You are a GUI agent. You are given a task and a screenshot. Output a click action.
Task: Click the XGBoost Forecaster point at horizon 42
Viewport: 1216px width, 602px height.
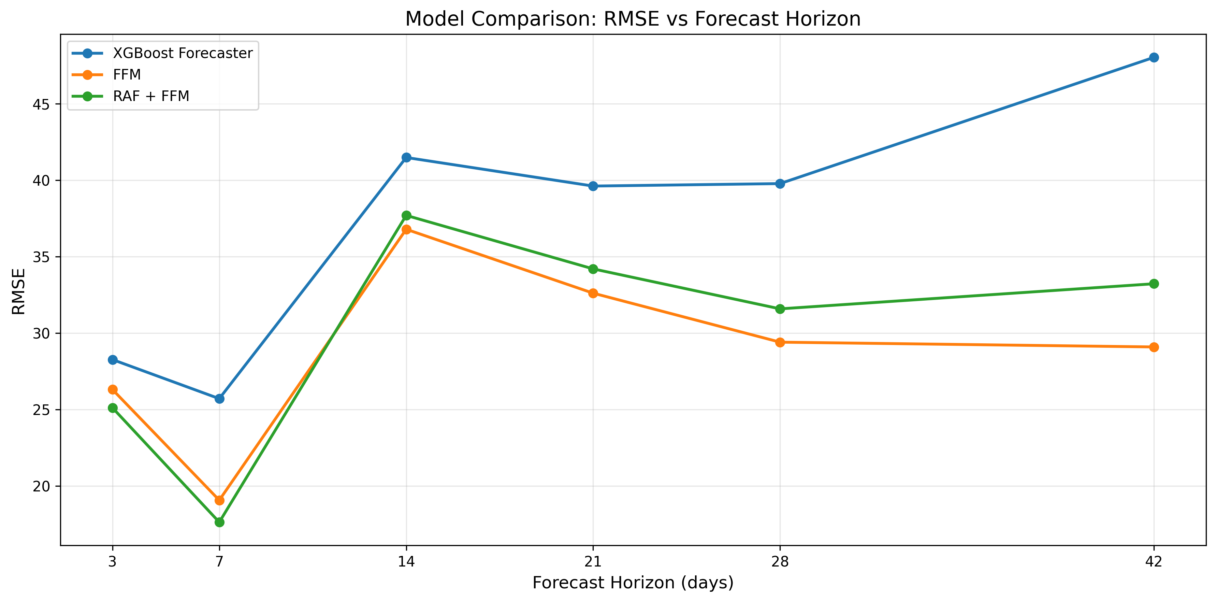click(x=1154, y=58)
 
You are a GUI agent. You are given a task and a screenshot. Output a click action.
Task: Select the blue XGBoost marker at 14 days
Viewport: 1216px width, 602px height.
click(x=406, y=157)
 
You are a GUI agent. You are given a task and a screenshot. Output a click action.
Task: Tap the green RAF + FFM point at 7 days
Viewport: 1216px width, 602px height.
click(x=219, y=522)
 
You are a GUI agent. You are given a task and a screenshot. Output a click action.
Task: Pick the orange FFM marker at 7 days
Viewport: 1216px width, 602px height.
click(x=219, y=500)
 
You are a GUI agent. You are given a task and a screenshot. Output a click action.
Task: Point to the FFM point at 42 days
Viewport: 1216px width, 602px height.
click(x=1154, y=347)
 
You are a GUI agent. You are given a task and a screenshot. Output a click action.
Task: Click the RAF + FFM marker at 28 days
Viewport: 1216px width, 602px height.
click(x=780, y=309)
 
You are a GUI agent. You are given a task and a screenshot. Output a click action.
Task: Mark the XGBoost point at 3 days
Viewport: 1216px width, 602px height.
click(x=112, y=360)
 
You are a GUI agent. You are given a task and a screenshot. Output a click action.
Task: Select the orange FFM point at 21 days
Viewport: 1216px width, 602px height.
click(x=593, y=293)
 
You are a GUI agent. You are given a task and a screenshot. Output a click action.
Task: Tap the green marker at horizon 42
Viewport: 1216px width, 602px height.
click(x=1154, y=284)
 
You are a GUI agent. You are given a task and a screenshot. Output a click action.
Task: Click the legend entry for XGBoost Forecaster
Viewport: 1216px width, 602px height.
click(x=183, y=53)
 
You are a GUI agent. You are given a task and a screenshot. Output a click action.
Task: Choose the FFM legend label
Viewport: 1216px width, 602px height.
click(x=127, y=75)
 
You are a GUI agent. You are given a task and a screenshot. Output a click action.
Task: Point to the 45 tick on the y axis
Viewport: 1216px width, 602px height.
click(x=42, y=104)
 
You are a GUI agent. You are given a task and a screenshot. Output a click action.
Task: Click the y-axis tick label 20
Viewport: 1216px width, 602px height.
click(x=42, y=486)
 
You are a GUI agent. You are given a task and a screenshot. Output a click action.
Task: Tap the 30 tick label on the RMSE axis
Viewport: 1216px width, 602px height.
click(x=42, y=334)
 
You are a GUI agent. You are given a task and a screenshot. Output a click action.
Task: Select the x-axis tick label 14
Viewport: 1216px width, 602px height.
click(x=406, y=561)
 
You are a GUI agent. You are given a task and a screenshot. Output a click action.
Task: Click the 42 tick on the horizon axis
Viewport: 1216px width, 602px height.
click(x=1154, y=561)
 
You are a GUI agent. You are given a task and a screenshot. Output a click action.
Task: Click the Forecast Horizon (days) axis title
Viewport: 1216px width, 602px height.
click(x=633, y=583)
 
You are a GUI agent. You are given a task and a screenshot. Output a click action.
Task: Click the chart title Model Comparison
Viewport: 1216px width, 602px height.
click(x=633, y=19)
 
